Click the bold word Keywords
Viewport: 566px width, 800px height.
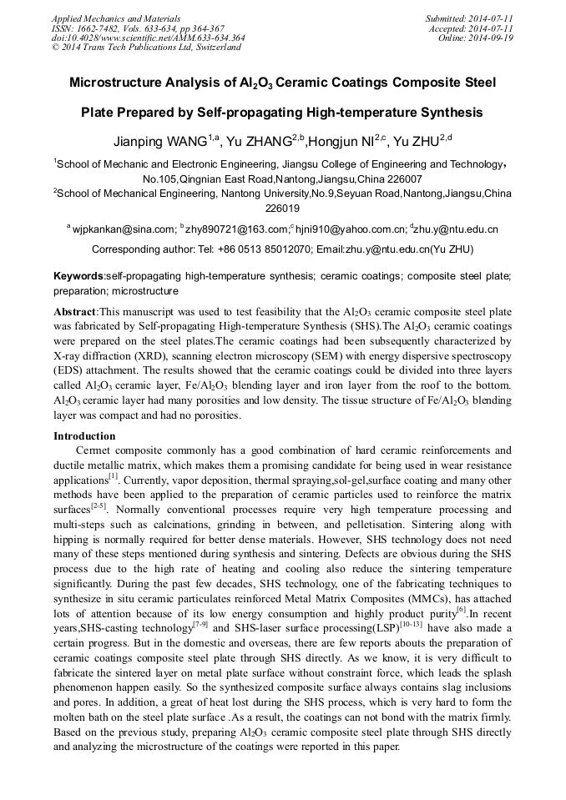tap(78, 276)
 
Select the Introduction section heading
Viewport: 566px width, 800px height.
tap(84, 435)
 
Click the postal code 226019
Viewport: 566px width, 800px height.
tap(282, 208)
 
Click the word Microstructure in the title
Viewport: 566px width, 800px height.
tap(122, 83)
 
